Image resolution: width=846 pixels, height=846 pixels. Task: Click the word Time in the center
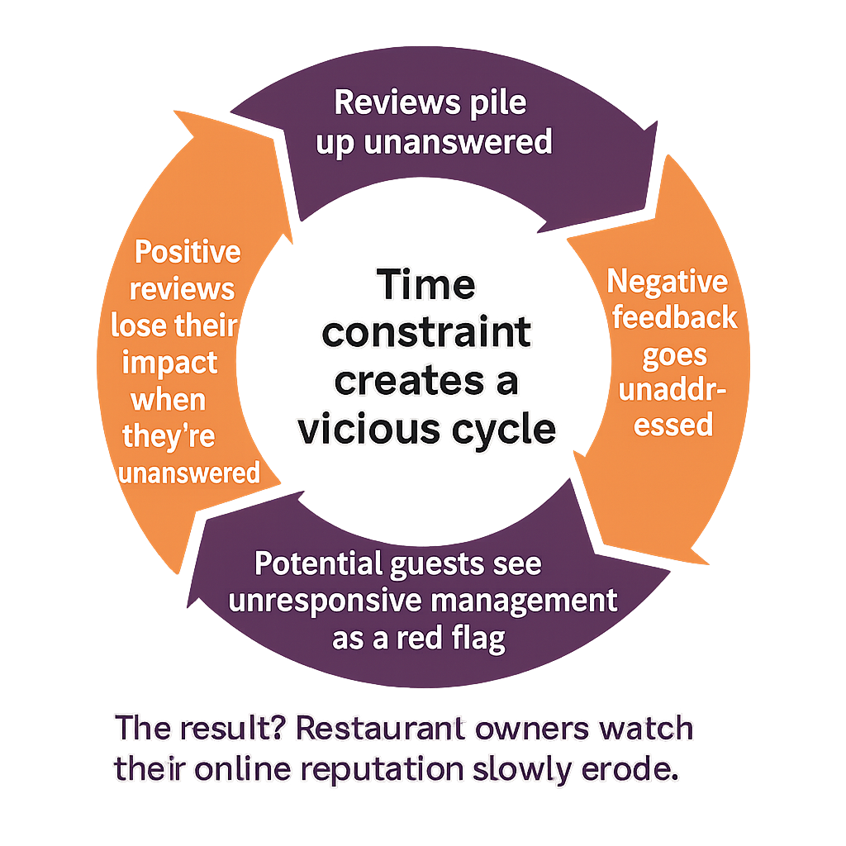point(427,286)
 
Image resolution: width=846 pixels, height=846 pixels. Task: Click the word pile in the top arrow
point(495,104)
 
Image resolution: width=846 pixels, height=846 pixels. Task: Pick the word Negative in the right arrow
point(668,283)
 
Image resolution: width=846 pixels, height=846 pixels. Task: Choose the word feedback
point(674,319)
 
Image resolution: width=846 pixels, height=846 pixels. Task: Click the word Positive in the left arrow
point(188,252)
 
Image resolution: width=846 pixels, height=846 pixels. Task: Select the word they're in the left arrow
point(169,436)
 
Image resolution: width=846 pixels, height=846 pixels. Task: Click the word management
point(530,601)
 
